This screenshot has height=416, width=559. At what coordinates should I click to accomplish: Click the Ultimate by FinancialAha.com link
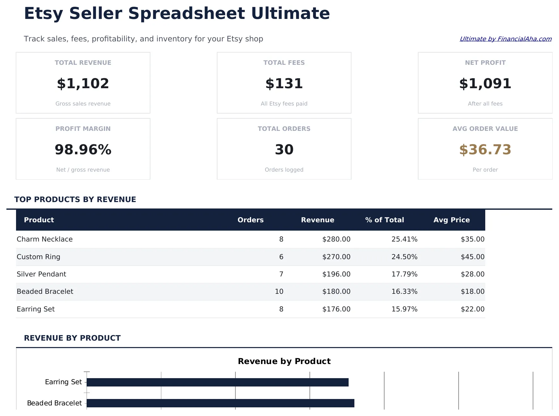tap(505, 39)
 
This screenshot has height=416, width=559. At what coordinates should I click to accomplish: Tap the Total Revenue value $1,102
tap(83, 84)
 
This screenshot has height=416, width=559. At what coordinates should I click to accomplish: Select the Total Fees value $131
tap(284, 84)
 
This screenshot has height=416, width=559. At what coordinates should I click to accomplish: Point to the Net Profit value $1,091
tap(485, 84)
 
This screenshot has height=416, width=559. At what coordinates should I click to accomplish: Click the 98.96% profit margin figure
tap(83, 150)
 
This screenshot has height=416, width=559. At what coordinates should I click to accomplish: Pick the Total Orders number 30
tap(284, 150)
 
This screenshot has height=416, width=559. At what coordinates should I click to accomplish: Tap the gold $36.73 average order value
tap(485, 150)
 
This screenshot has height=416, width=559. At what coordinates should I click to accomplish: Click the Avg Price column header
tap(451, 220)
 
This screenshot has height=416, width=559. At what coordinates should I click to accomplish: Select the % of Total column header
tap(384, 220)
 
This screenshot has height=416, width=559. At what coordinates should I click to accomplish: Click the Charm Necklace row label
tap(45, 239)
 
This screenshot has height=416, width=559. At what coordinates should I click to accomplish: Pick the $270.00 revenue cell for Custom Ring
tap(336, 257)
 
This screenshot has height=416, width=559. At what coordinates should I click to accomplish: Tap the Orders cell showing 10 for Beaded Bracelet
tap(279, 292)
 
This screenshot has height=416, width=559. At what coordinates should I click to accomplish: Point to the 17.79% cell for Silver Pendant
tap(404, 274)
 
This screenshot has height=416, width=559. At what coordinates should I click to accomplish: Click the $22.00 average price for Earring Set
tap(472, 309)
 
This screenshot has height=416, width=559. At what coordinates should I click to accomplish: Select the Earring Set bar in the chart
tap(217, 382)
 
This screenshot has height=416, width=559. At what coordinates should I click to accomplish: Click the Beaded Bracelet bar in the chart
tap(220, 403)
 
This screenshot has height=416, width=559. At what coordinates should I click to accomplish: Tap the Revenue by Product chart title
tap(284, 361)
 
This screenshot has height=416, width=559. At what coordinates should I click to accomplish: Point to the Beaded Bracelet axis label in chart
tap(54, 403)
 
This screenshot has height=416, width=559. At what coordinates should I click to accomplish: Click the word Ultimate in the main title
tap(290, 13)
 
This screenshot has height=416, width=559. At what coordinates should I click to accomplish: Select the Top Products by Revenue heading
tap(75, 200)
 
